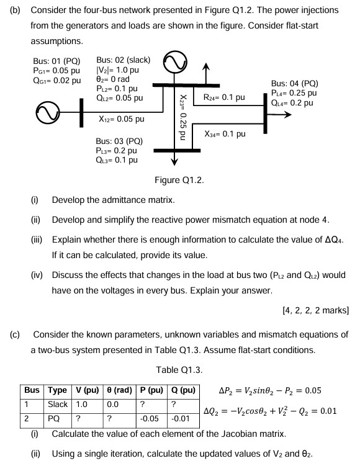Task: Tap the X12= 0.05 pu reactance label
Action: (122, 119)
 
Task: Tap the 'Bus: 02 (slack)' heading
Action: (124, 60)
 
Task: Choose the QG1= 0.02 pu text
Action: (57, 80)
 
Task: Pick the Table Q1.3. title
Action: (179, 370)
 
